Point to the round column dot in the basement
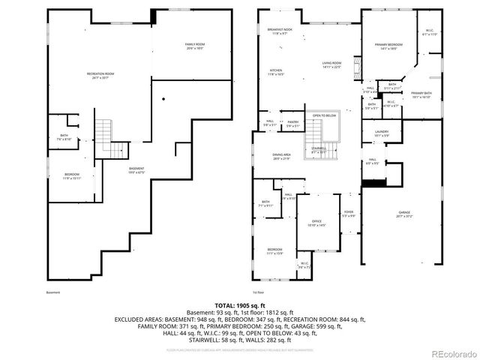(163, 99)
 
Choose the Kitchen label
(277, 73)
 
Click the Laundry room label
(373, 134)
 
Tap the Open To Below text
(324, 115)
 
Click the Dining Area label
(282, 157)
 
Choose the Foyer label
(349, 214)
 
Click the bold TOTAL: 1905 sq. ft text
(240, 307)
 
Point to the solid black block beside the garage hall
(374, 182)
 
